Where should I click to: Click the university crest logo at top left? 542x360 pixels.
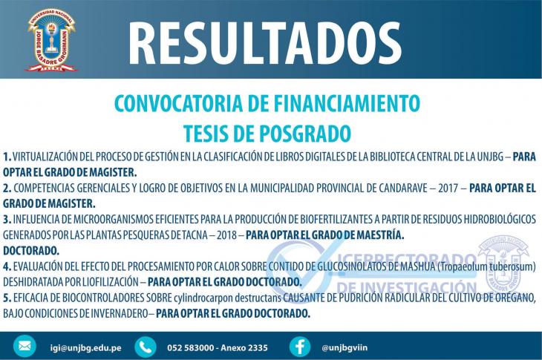(x=51, y=40)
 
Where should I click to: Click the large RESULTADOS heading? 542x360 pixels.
(x=265, y=43)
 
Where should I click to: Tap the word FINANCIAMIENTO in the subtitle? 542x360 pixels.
(x=347, y=103)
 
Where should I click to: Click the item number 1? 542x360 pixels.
(x=7, y=157)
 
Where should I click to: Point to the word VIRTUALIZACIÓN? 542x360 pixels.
(x=45, y=157)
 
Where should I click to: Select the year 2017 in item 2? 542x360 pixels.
(x=448, y=189)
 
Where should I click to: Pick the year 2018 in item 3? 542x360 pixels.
(x=226, y=235)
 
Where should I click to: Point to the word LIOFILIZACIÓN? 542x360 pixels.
(x=111, y=282)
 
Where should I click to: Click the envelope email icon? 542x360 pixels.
(x=25, y=346)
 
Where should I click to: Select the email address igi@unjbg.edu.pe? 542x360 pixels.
(x=85, y=347)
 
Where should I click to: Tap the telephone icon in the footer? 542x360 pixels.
(x=146, y=347)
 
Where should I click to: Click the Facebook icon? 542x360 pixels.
(x=300, y=347)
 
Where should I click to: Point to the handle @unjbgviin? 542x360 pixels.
(x=345, y=347)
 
